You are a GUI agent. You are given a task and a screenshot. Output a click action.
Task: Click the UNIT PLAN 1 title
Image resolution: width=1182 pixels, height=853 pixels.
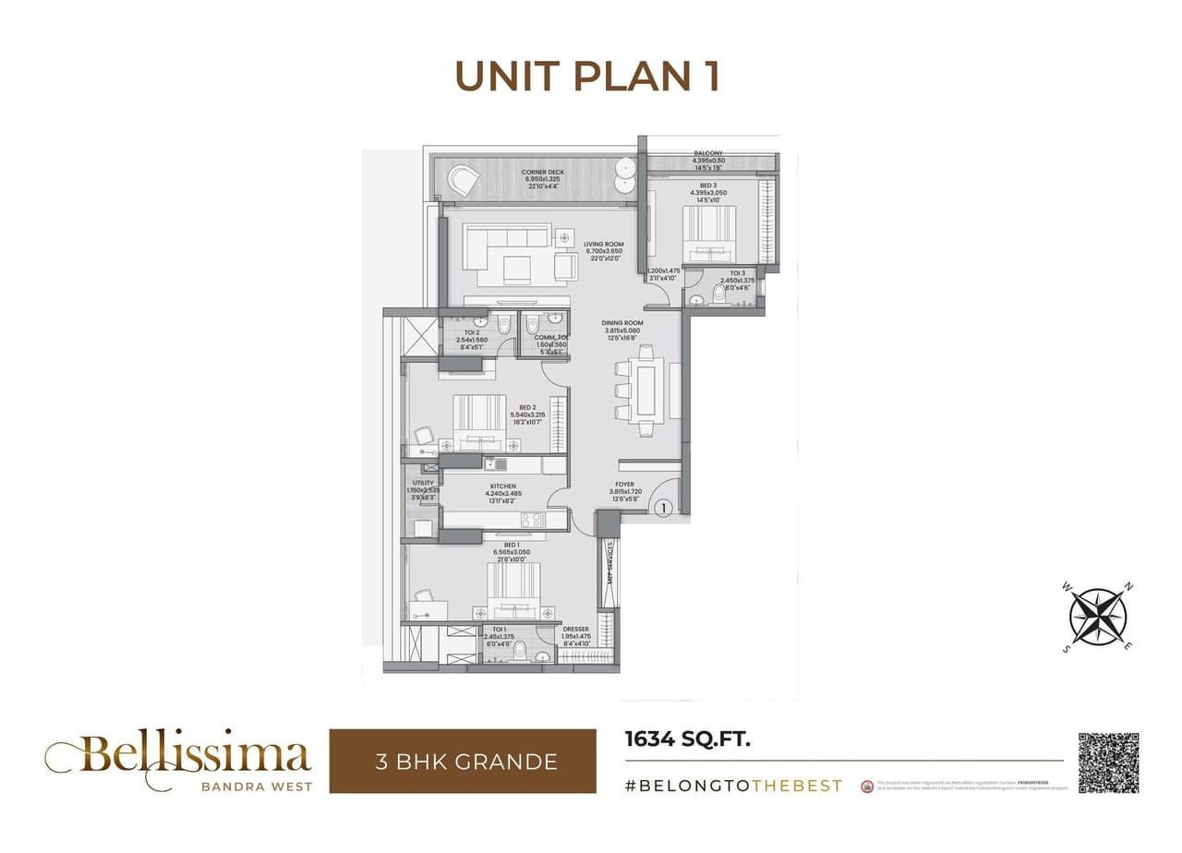click(x=587, y=77)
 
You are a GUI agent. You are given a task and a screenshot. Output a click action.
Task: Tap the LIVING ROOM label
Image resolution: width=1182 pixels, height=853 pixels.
click(x=603, y=245)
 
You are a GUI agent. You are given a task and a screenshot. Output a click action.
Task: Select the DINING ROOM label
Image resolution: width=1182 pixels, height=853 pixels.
click(x=621, y=323)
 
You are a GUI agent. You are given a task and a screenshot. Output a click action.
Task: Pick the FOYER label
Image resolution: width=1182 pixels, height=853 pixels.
click(x=625, y=484)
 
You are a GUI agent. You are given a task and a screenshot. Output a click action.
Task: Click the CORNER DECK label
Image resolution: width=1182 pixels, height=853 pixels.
click(x=543, y=173)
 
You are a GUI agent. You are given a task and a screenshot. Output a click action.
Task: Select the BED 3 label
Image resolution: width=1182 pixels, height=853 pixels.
click(x=708, y=186)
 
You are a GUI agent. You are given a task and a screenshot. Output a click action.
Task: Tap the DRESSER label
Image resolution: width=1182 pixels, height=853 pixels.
click(x=575, y=630)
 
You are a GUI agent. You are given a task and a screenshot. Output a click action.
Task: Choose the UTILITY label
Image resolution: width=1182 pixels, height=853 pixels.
click(x=423, y=483)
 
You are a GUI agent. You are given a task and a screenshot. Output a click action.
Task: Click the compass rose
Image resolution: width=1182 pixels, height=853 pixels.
click(x=1098, y=617)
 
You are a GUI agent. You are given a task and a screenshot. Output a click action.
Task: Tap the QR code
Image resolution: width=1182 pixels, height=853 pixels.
click(x=1108, y=762)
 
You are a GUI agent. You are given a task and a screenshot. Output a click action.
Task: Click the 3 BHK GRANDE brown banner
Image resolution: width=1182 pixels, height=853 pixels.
click(x=463, y=762)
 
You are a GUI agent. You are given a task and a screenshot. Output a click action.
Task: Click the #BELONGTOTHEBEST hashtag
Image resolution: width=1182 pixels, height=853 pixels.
click(x=733, y=786)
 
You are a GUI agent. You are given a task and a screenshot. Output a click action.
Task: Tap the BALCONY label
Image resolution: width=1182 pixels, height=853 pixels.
click(x=708, y=153)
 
